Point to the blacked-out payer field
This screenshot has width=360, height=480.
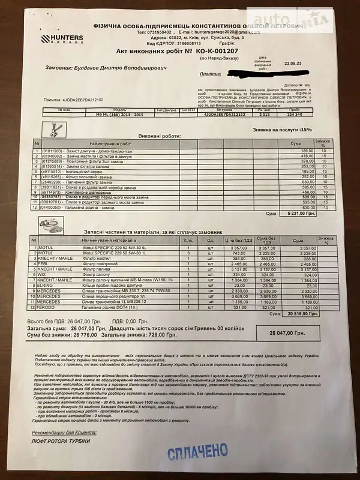tap(264, 73)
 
